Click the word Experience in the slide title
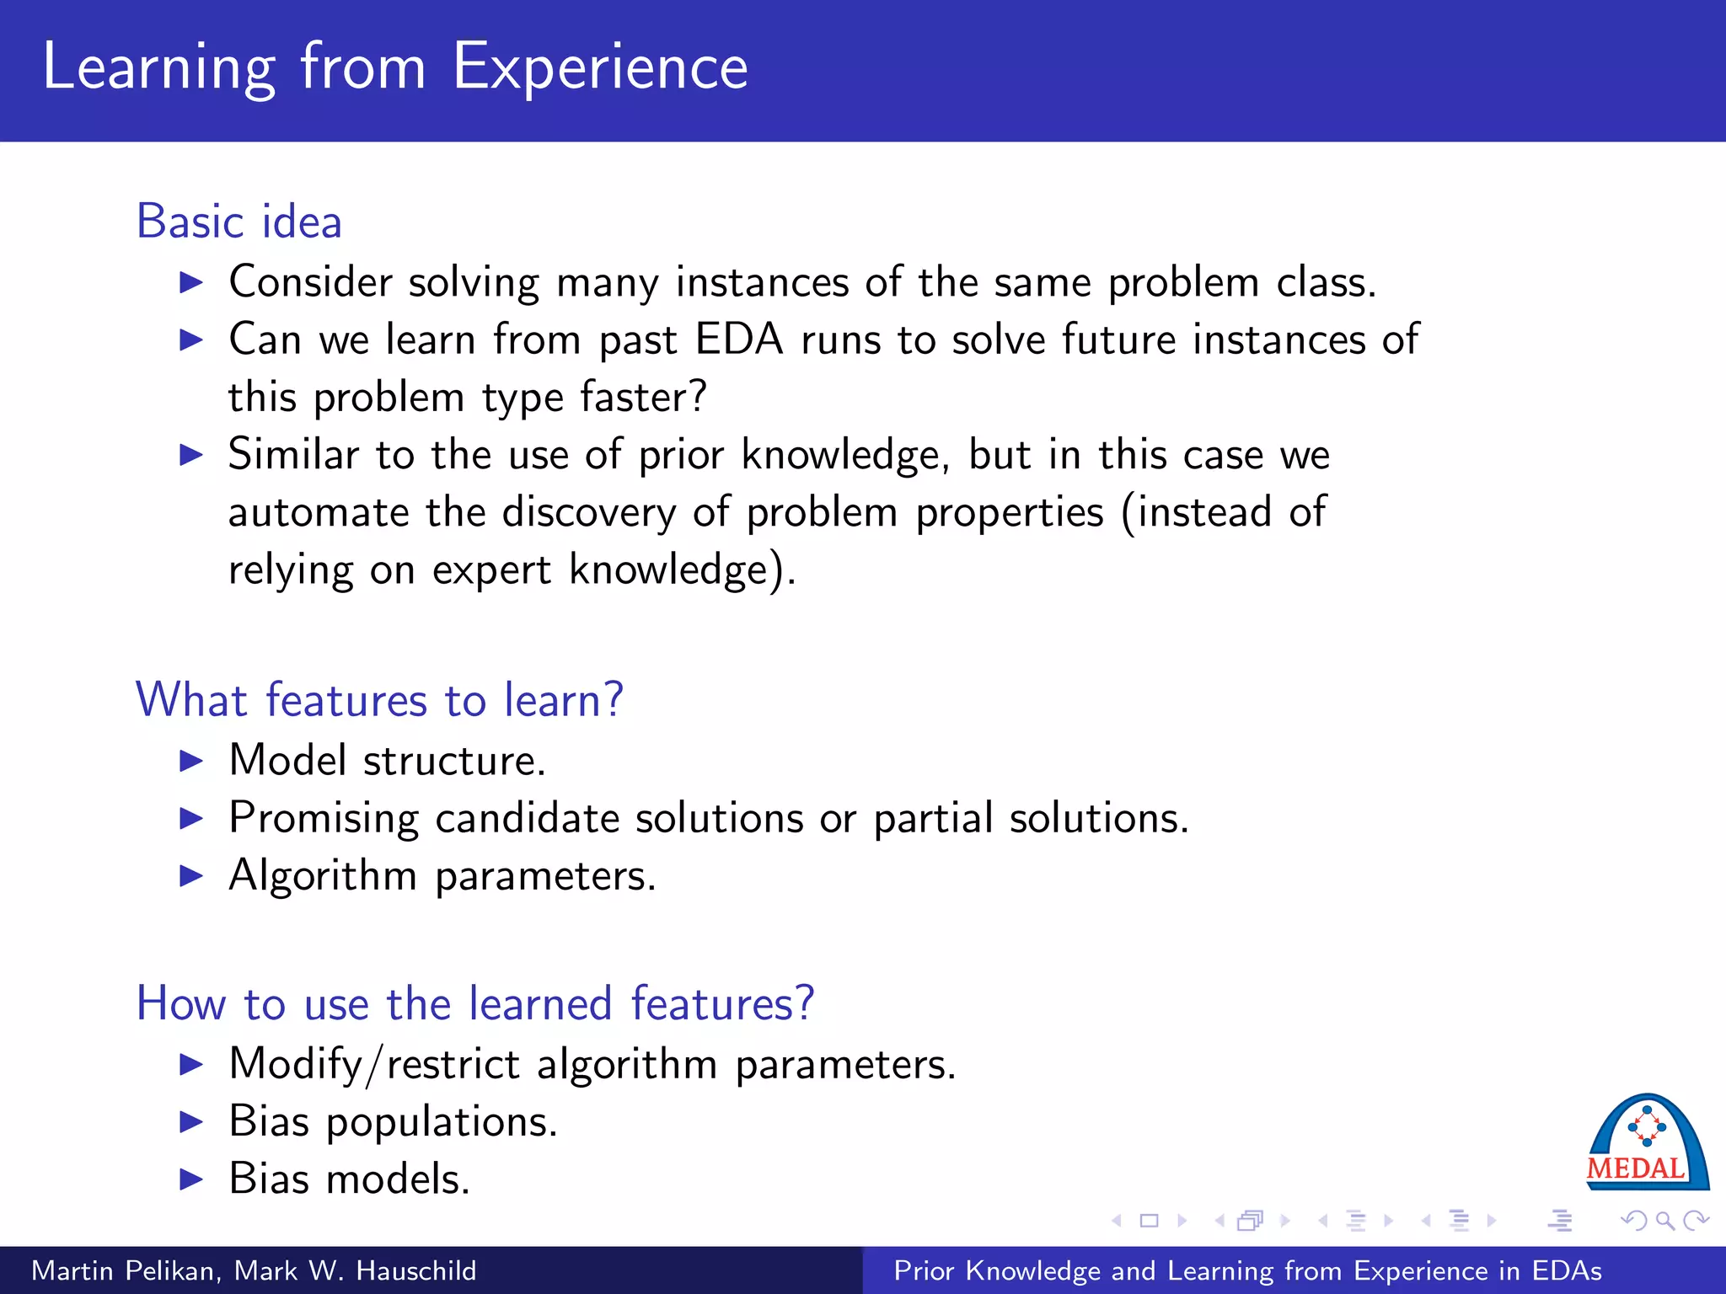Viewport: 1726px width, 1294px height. pyautogui.click(x=600, y=67)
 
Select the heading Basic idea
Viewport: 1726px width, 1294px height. pyautogui.click(x=239, y=222)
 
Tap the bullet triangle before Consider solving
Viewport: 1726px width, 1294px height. pyautogui.click(x=192, y=282)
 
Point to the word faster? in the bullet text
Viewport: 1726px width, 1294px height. pyautogui.click(x=644, y=397)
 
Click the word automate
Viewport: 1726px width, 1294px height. pyautogui.click(x=318, y=512)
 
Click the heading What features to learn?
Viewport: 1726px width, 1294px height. pyautogui.click(x=379, y=700)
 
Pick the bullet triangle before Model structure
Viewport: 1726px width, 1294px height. pyautogui.click(x=192, y=762)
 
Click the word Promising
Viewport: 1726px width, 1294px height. pyautogui.click(x=324, y=819)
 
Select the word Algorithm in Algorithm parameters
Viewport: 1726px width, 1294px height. pyautogui.click(x=323, y=876)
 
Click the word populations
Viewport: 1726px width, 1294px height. pyautogui.click(x=442, y=1122)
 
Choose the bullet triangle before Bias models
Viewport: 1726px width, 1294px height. pyautogui.click(x=192, y=1179)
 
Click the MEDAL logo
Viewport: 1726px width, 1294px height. pyautogui.click(x=1647, y=1144)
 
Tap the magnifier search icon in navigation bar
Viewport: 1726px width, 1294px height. pyautogui.click(x=1664, y=1221)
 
